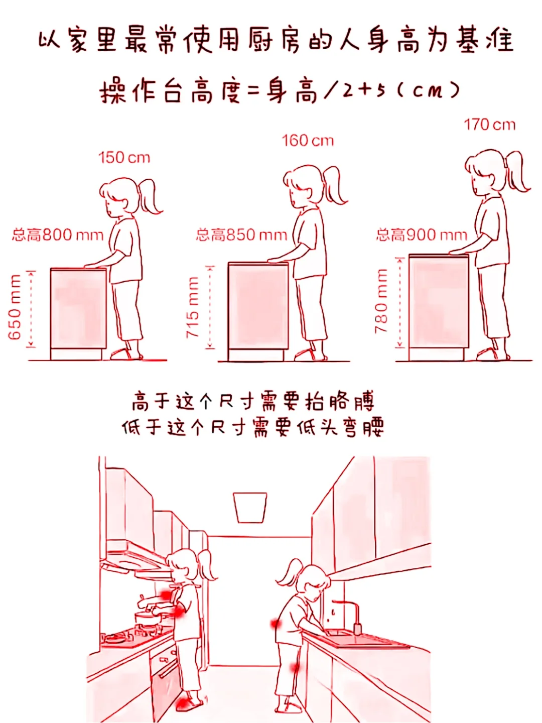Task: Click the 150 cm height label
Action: point(124,158)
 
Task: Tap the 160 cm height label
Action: point(308,141)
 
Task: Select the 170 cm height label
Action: point(489,125)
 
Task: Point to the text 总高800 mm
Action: point(58,235)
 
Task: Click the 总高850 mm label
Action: point(242,235)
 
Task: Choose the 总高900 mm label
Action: point(422,235)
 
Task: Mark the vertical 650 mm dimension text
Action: point(15,307)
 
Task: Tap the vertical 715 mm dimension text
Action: point(193,307)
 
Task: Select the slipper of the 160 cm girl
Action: point(310,355)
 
